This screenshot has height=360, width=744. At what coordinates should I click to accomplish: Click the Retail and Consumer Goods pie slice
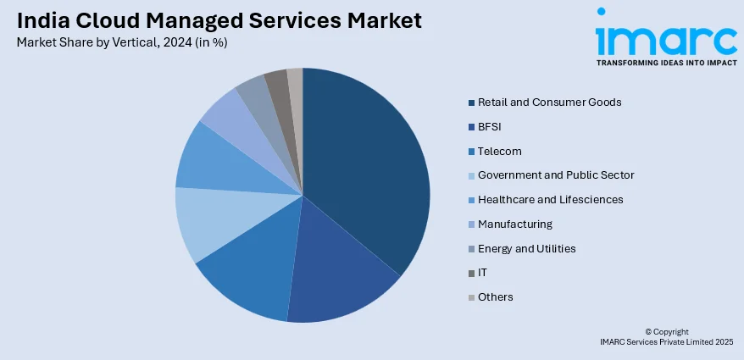[x=369, y=169]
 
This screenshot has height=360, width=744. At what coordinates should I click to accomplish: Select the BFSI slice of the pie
[x=339, y=280]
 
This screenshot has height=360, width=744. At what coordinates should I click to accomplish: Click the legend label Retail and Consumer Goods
[x=549, y=102]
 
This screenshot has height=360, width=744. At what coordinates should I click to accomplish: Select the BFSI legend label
[x=491, y=127]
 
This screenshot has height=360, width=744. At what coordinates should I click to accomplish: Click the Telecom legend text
[x=499, y=152]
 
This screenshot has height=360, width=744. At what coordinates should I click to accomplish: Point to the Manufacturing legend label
[x=514, y=224]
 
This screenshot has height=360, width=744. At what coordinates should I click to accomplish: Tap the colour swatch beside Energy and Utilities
[x=470, y=249]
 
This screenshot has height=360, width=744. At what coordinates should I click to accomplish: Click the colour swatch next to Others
[x=470, y=297]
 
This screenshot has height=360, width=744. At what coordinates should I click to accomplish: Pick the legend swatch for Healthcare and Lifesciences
[x=470, y=200]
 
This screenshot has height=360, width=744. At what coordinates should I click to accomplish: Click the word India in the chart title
[x=40, y=21]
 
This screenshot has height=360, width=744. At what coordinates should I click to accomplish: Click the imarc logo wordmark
[x=665, y=38]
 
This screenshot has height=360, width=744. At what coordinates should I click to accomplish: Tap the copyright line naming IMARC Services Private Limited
[x=666, y=341]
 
